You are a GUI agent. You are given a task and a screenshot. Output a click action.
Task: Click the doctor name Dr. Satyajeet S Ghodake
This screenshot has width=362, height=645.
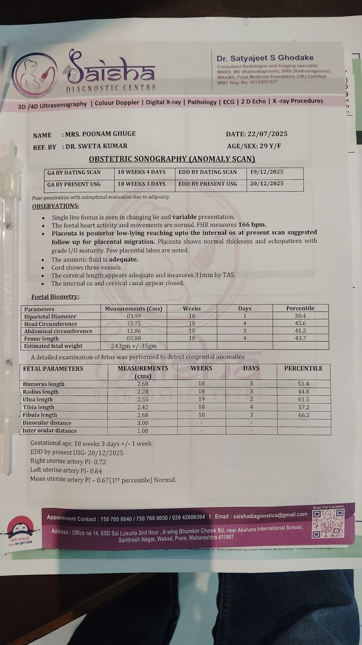coord(265,58)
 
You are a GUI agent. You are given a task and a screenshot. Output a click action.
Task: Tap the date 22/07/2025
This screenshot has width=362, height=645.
coord(268,134)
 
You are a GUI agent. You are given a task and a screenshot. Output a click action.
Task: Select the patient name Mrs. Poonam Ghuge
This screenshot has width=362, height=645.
coord(100,134)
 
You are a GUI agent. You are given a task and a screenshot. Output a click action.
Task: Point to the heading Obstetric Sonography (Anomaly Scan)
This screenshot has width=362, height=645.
coord(172,159)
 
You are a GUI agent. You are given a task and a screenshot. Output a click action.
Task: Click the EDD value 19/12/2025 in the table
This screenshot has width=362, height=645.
coord(267,172)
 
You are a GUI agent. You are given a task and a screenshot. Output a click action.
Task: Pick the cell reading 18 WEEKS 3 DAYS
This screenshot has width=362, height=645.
coord(141,184)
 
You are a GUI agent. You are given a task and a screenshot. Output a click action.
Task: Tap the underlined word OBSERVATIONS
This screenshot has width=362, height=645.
coord(56,206)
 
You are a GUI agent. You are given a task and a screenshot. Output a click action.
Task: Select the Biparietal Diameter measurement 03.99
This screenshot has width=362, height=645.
coord(134,316)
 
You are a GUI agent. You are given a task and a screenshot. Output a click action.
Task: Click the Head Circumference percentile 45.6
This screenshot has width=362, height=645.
coord(300,324)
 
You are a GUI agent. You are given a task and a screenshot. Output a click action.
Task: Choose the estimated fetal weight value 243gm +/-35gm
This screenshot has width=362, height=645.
coord(134,346)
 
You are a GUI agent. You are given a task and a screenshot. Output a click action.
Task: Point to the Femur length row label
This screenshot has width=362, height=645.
coord(41,338)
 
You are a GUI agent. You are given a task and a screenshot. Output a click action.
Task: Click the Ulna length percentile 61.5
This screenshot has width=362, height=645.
coord(304,399)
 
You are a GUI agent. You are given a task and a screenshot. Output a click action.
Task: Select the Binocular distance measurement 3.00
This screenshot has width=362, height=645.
coord(143,423)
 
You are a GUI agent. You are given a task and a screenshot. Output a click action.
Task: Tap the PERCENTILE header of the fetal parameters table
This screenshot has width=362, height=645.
coord(303,368)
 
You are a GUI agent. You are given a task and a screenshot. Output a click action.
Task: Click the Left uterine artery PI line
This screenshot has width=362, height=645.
coord(66,471)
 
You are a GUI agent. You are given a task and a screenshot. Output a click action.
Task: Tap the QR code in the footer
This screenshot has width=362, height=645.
coord(329,523)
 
